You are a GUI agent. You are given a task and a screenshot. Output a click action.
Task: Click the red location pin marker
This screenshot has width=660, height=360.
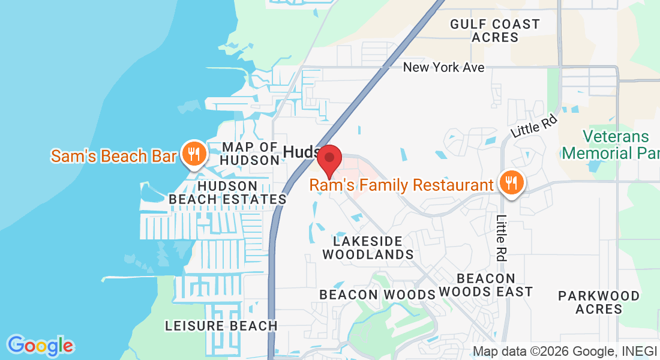point(329,158)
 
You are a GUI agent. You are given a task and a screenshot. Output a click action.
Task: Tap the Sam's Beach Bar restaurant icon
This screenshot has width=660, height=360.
point(193,155)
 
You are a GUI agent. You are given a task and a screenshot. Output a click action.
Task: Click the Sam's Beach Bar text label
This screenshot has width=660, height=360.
point(113,156)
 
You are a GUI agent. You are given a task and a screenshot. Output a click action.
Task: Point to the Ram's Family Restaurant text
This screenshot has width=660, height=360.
point(401,185)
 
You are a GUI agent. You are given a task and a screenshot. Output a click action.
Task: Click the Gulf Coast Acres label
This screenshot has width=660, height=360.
point(495,31)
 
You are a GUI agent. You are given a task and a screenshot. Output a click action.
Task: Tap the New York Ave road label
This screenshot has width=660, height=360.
point(443,67)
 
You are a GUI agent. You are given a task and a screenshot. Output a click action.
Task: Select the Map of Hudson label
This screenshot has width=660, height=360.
point(250,154)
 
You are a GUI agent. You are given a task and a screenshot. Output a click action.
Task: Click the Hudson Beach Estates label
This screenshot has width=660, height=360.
point(227,192)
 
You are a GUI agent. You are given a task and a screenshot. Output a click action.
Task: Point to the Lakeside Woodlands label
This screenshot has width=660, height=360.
point(368,247)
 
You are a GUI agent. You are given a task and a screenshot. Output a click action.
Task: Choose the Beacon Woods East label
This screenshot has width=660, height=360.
point(485,285)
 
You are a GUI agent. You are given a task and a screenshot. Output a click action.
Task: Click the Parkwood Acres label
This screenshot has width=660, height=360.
point(599,302)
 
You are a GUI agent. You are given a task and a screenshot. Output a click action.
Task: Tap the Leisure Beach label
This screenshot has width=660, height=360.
point(221,326)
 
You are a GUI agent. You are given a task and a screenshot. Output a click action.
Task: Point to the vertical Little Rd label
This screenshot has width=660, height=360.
point(502,238)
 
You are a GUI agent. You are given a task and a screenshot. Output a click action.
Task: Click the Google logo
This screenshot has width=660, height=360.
point(40,346)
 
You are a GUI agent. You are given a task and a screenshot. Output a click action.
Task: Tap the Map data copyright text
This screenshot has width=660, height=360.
point(564,351)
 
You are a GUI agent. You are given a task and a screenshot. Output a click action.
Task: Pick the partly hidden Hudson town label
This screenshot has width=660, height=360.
point(302,152)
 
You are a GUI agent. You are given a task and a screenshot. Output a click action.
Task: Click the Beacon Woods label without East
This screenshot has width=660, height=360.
point(377,295)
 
